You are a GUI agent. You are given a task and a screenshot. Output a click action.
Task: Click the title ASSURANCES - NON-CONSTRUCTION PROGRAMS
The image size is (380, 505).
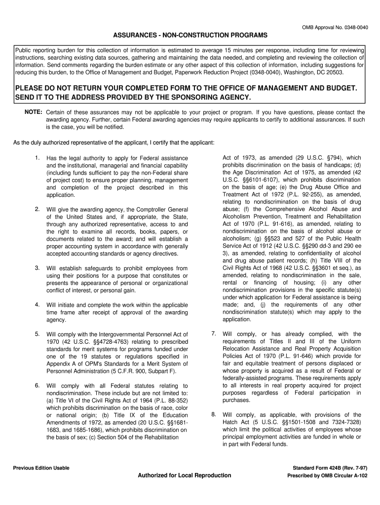click(190, 36)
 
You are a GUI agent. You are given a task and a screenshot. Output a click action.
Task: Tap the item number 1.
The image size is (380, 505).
click(37, 157)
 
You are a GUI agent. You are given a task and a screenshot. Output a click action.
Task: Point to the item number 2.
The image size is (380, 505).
click(37, 209)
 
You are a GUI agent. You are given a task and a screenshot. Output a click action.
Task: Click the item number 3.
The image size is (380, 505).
click(37, 268)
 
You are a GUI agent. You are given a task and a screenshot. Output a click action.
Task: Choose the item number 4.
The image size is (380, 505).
click(37, 304)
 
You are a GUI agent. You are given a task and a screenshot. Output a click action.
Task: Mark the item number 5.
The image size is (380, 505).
click(37, 334)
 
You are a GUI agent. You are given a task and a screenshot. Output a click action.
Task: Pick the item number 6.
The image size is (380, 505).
click(37, 385)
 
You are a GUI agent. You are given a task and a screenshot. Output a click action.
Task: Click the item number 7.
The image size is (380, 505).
click(214, 333)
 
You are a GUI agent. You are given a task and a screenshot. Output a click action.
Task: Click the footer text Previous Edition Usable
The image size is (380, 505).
click(41, 468)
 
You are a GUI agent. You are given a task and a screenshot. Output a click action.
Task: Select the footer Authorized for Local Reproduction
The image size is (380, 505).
click(184, 475)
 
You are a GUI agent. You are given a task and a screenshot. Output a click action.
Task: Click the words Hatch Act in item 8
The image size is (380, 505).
click(236, 422)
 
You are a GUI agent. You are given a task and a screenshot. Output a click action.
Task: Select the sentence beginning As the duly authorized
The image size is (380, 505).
click(114, 143)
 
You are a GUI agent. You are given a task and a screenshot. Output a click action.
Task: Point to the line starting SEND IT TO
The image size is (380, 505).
click(133, 97)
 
